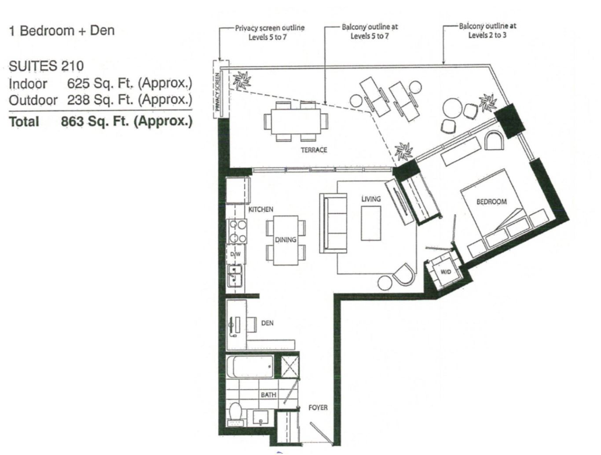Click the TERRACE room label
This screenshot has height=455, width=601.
click(314, 150)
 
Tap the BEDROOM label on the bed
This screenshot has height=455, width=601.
click(491, 202)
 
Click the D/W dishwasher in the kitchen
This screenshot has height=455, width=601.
click(235, 254)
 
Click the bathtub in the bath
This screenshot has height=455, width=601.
click(250, 367)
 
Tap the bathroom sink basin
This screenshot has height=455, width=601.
click(260, 418)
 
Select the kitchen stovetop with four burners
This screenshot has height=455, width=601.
click(238, 231)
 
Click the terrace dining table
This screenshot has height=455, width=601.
click(296, 121)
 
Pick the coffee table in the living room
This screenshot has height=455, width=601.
click(371, 223)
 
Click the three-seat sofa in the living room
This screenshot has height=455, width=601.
click(333, 223)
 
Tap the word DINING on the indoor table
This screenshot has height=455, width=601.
click(286, 239)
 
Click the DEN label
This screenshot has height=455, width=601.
click(267, 323)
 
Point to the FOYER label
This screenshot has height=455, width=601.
click(318, 407)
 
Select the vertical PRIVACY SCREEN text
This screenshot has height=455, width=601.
click(217, 92)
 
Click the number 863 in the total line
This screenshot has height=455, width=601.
click(72, 121)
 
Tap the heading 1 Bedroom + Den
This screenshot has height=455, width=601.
click(62, 30)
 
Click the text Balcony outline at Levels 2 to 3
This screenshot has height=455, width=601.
click(487, 31)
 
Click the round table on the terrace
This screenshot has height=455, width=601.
click(453, 108)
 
